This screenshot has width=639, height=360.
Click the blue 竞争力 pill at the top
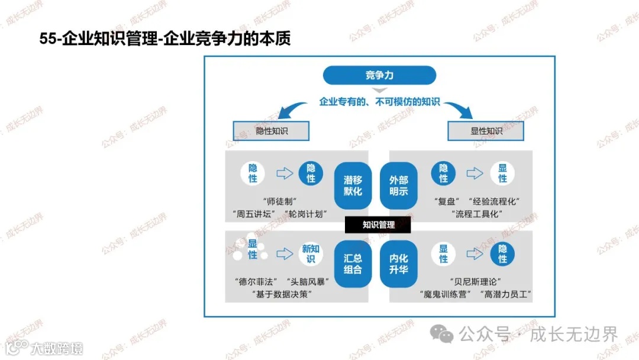click(379, 75)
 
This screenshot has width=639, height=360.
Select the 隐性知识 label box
click(272, 131)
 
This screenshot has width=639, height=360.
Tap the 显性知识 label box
click(486, 131)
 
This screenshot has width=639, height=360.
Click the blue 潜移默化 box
click(353, 185)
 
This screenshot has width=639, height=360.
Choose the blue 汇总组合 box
click(353, 264)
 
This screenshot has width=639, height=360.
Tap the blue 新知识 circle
click(311, 254)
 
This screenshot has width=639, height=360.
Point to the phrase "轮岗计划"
click(306, 214)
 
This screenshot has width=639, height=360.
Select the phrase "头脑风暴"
click(306, 281)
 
